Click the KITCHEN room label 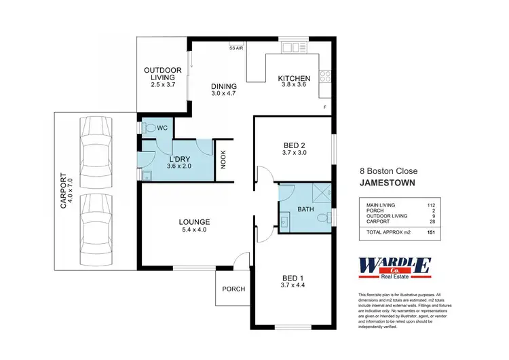click(x=294, y=79)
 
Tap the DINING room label click(x=223, y=86)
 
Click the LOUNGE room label click(x=194, y=221)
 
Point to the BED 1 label click(x=295, y=277)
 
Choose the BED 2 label click(x=295, y=144)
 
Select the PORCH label click(x=233, y=289)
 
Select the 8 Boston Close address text click(x=388, y=171)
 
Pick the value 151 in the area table click(x=430, y=232)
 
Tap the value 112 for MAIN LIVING click(x=430, y=204)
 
